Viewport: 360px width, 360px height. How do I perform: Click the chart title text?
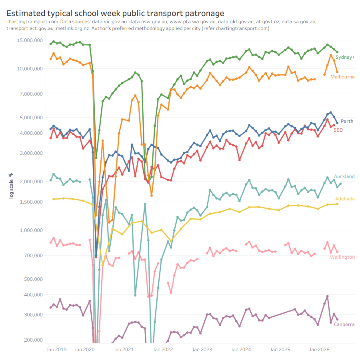[115, 14]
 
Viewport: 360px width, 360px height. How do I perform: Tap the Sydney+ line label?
[345, 57]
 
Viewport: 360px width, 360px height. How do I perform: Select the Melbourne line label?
[342, 77]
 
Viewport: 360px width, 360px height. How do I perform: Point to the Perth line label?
[347, 121]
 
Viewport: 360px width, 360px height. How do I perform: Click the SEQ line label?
[338, 130]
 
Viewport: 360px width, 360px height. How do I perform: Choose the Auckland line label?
[344, 176]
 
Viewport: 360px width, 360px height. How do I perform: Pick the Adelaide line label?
[345, 198]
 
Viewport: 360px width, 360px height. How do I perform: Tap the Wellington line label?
[342, 257]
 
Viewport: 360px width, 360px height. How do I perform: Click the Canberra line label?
[344, 324]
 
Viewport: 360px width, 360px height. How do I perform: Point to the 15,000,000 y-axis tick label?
[30, 40]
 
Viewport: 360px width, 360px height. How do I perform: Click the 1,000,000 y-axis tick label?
[31, 230]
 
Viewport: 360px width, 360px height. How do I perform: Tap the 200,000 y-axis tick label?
[33, 340]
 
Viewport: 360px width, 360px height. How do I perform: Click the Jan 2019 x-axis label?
[56, 350]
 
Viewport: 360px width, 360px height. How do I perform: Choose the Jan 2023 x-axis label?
[202, 350]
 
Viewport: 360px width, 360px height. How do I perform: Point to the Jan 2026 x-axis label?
[319, 350]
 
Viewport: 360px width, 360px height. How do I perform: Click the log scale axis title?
[11, 189]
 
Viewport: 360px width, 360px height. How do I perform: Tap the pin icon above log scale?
[10, 175]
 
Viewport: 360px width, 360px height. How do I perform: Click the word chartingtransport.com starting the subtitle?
[32, 22]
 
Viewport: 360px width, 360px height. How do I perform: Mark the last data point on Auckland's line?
[340, 184]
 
